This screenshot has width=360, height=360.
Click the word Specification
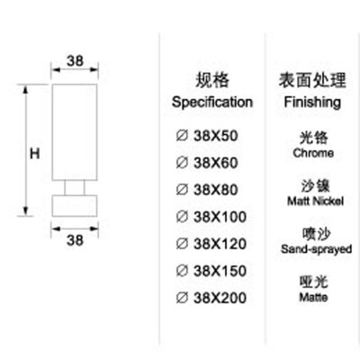212,103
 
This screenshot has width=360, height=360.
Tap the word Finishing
312,103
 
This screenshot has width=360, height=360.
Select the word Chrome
313,153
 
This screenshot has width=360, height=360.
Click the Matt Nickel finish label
315,201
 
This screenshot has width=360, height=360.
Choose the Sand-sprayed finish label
316,249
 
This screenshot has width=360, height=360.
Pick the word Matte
313,297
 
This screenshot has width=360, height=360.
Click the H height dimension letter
35,154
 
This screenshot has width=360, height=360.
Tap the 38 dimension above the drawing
75,61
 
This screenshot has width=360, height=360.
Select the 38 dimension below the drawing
75,240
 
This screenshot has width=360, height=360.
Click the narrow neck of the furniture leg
75,188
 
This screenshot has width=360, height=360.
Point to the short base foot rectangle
75,206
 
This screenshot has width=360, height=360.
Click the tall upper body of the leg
75,132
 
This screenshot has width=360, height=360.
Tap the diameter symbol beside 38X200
182,298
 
